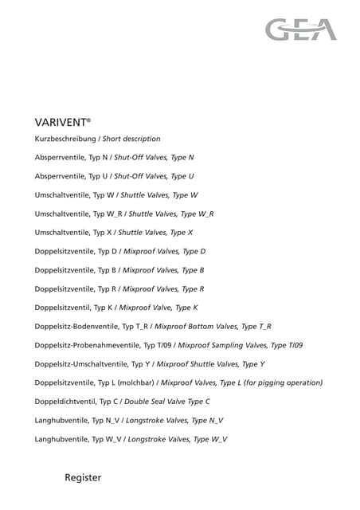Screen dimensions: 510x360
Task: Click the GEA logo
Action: [301, 30]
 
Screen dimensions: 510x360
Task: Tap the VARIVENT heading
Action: [62, 122]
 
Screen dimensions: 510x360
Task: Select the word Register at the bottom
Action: [83, 477]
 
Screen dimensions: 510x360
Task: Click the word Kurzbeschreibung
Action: [66, 139]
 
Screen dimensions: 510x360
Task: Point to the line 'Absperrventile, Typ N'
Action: [72, 158]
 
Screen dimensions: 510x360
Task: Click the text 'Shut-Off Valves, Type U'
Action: [154, 176]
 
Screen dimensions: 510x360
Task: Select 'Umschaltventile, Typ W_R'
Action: [79, 214]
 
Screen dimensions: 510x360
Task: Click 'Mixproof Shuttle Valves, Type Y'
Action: [210, 363]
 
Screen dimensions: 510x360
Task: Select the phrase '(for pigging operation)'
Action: [281, 382]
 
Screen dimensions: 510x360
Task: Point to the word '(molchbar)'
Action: [136, 382]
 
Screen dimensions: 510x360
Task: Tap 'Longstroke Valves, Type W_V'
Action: [177, 438]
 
